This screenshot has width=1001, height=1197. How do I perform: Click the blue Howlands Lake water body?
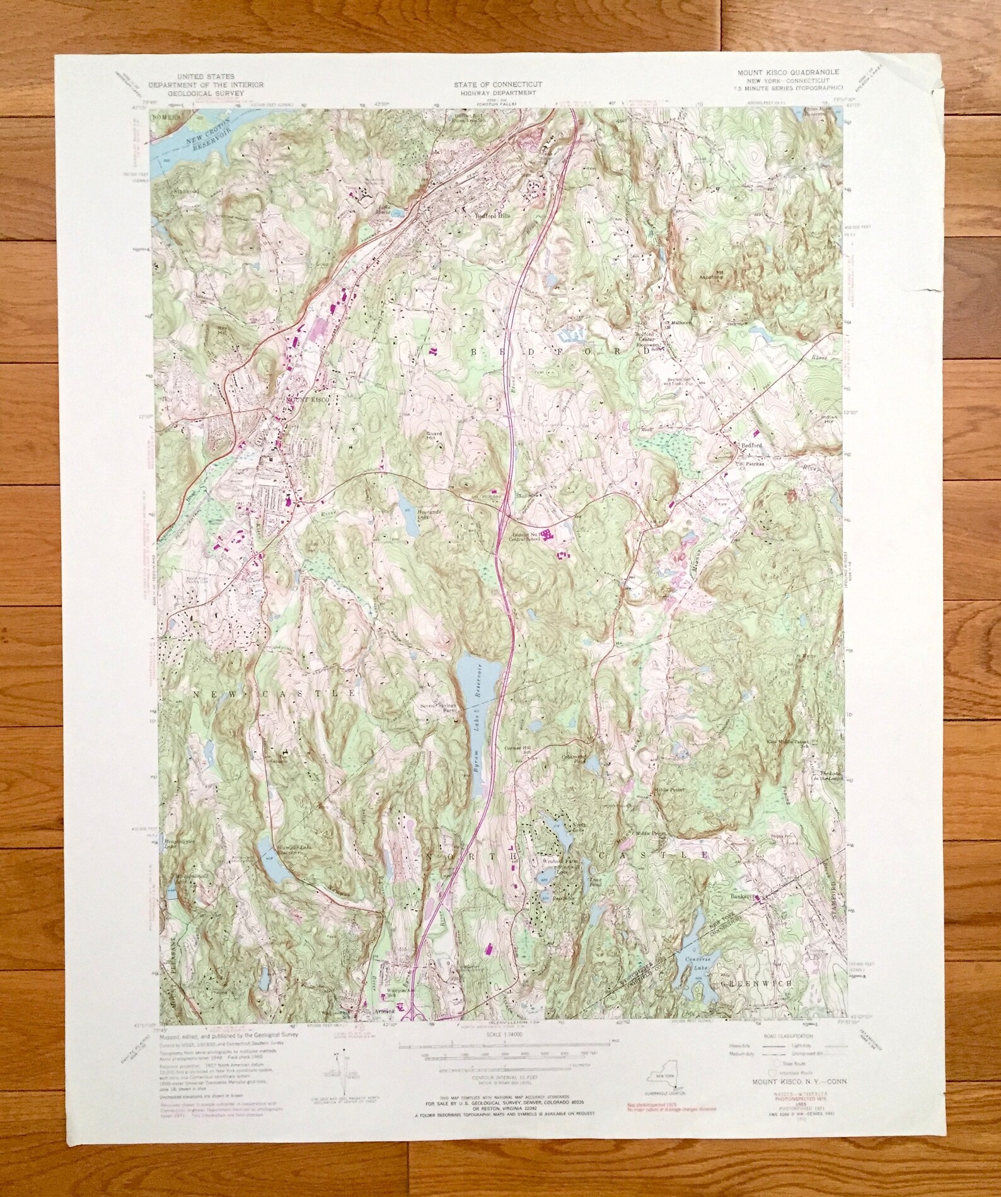[404, 504]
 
